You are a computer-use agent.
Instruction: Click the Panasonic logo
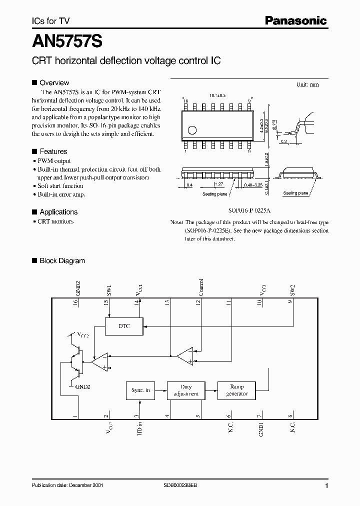[x=295, y=21]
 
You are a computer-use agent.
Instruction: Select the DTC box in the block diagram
[x=123, y=325]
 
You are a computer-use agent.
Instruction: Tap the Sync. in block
[x=140, y=390]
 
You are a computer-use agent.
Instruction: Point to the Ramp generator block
[x=236, y=390]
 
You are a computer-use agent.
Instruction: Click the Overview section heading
[x=54, y=83]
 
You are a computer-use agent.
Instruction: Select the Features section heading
[x=53, y=151]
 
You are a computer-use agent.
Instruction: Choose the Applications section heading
[x=58, y=212]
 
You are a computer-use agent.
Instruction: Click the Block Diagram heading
[x=62, y=261]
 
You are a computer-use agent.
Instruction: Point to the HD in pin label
[x=139, y=430]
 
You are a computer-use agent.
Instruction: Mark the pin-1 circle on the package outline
[x=192, y=130]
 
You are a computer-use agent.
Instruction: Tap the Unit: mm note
[x=307, y=85]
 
